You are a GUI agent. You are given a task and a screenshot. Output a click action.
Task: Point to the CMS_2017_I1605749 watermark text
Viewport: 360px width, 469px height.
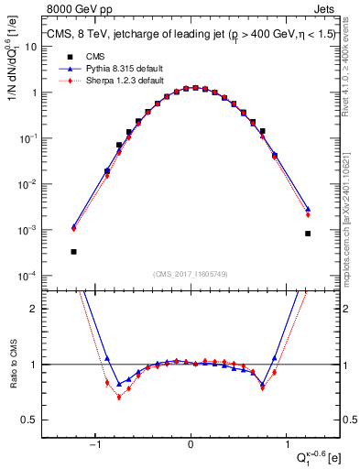coord(190,274)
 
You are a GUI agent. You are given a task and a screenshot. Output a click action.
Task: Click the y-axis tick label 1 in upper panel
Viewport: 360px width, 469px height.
coord(33,93)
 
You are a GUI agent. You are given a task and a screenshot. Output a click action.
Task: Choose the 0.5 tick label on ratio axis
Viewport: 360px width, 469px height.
coord(29,420)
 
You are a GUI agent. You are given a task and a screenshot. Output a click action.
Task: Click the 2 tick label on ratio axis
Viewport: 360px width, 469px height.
coord(33,309)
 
